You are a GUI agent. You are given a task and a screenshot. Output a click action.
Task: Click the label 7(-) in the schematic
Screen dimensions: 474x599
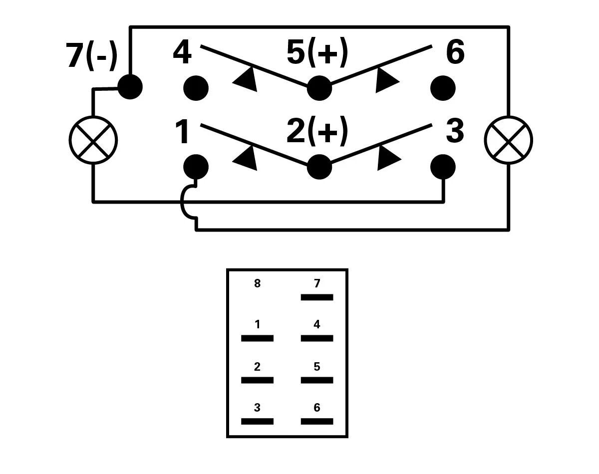(x=91, y=55)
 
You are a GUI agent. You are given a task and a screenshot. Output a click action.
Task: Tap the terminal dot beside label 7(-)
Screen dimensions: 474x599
(x=130, y=87)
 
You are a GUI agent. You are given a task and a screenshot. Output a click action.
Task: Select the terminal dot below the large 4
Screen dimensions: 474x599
(x=196, y=88)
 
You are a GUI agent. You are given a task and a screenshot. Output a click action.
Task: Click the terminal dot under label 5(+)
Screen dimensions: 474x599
(x=319, y=88)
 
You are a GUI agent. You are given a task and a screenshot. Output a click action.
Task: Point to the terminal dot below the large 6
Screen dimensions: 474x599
(x=443, y=88)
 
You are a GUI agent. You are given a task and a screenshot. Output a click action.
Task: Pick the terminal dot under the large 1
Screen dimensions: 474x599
(x=196, y=167)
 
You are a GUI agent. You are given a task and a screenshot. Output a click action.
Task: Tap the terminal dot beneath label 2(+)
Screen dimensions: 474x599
(x=319, y=167)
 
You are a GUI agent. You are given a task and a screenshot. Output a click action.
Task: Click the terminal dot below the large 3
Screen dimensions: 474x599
(x=443, y=167)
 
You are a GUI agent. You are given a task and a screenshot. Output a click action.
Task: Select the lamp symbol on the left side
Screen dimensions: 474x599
(x=93, y=140)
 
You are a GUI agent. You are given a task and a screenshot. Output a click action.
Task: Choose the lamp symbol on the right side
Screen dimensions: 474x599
(x=509, y=140)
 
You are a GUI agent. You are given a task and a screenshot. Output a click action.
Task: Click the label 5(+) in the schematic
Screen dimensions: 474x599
(x=317, y=52)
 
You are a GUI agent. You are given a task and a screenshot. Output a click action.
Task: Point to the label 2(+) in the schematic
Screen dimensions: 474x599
(x=317, y=132)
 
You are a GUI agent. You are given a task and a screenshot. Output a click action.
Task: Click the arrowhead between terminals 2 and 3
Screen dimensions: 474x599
(x=388, y=158)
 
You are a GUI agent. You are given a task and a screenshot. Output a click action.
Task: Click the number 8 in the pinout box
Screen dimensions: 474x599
(x=257, y=284)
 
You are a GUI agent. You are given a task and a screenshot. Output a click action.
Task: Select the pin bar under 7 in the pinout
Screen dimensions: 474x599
(x=317, y=297)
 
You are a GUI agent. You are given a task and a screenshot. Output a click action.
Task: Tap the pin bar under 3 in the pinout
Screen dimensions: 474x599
(x=257, y=422)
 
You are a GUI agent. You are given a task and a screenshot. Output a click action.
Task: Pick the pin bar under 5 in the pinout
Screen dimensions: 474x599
(x=317, y=380)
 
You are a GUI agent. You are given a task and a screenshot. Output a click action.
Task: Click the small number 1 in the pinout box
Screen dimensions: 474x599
(x=257, y=325)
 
